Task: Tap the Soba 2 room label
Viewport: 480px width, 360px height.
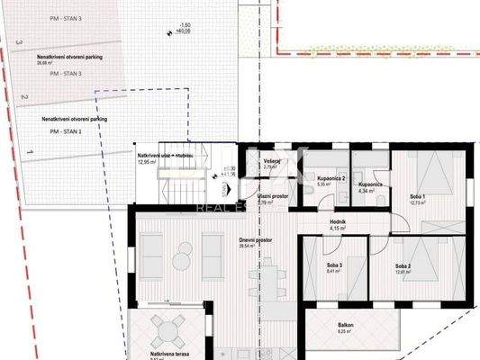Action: (403, 267)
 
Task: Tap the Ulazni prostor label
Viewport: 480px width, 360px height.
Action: (271, 196)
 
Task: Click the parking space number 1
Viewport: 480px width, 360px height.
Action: (31, 155)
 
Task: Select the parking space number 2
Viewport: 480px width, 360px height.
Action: (26, 97)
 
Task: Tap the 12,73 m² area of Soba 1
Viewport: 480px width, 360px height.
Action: (415, 203)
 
